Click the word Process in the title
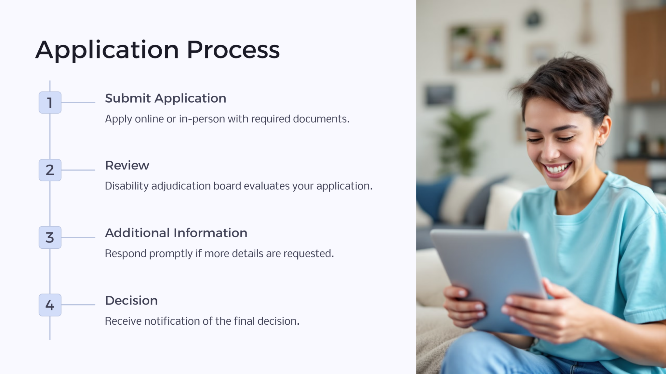tap(233, 50)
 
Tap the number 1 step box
tap(50, 103)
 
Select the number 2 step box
tap(50, 170)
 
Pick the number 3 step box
tap(50, 237)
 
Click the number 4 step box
tap(50, 305)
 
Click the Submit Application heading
tap(166, 98)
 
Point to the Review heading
tap(127, 166)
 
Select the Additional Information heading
tap(176, 233)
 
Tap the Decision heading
tap(131, 301)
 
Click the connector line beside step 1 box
tap(78, 103)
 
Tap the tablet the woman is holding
tap(488, 279)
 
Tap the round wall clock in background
tap(533, 19)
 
